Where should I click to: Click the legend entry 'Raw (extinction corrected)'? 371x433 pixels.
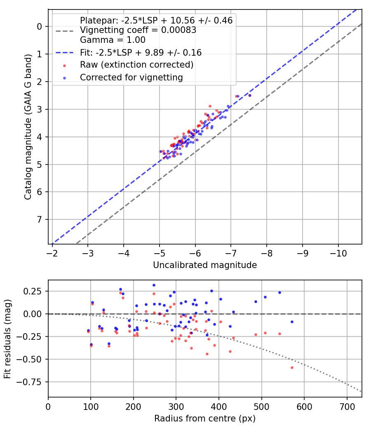point(136,65)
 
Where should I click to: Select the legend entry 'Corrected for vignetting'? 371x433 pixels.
point(131,77)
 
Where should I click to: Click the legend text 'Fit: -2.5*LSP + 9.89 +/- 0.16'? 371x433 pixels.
point(141,53)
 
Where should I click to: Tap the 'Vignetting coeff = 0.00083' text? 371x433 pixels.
point(138,30)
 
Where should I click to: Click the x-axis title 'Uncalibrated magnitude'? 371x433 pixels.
point(205,265)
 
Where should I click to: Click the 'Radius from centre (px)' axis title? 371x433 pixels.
point(205,419)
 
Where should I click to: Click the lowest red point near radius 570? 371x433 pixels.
point(292,367)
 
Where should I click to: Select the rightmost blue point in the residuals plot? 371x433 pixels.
point(292,322)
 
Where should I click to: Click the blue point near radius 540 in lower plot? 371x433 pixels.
point(279,292)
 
